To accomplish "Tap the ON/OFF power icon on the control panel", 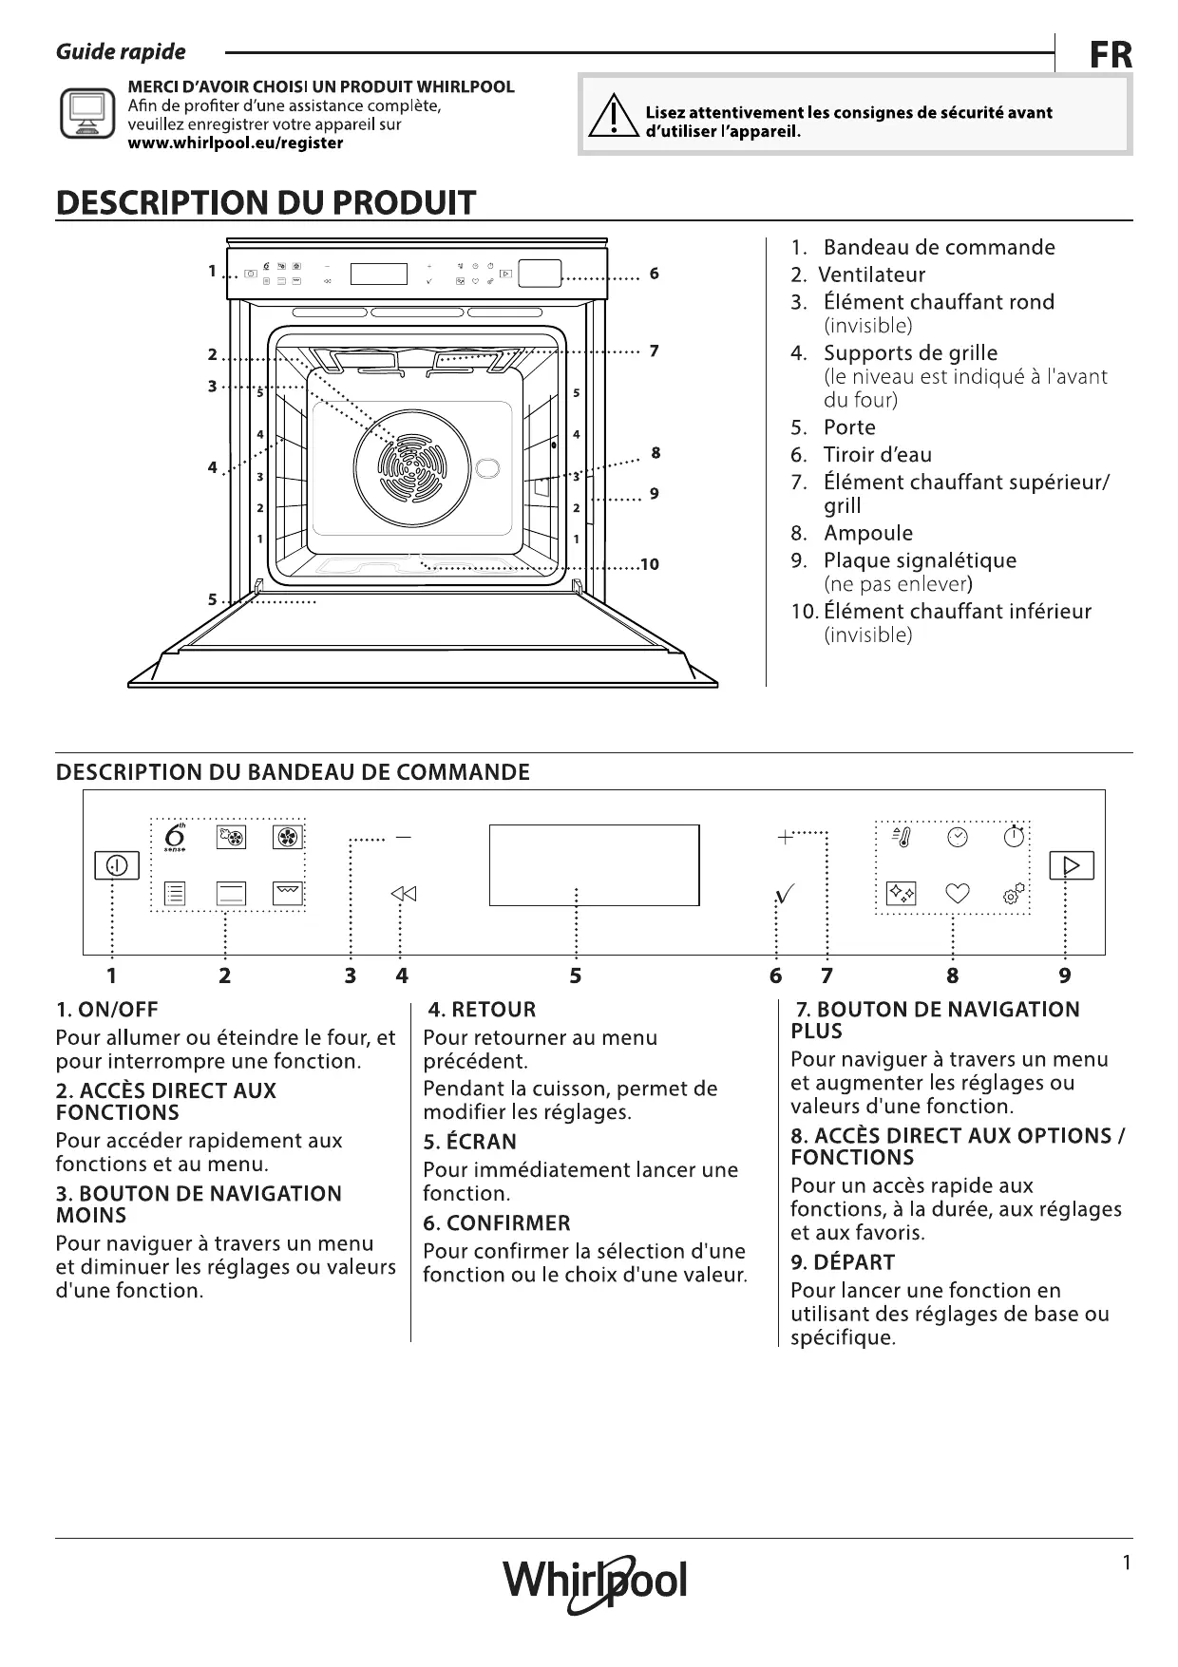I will click(x=117, y=865).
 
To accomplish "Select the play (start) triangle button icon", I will click(x=1072, y=865).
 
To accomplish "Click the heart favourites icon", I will click(x=957, y=894).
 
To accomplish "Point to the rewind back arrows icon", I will click(x=403, y=894).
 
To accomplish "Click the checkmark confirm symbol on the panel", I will click(x=785, y=895).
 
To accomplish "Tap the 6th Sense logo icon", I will click(x=175, y=838).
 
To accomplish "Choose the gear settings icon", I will click(x=1014, y=894).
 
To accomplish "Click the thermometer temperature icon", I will click(x=901, y=837).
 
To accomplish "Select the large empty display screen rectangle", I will click(x=594, y=865).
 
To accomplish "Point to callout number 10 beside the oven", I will click(x=650, y=565).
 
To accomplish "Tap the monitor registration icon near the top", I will click(x=87, y=114).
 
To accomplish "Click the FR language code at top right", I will click(x=1110, y=55).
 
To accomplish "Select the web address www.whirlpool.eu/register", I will click(x=236, y=143).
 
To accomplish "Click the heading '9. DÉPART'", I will click(x=842, y=1262).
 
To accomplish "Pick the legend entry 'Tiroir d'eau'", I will click(x=877, y=455).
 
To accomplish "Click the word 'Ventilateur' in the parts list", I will click(x=871, y=275).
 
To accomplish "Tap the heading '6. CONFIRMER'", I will click(x=497, y=1223).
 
